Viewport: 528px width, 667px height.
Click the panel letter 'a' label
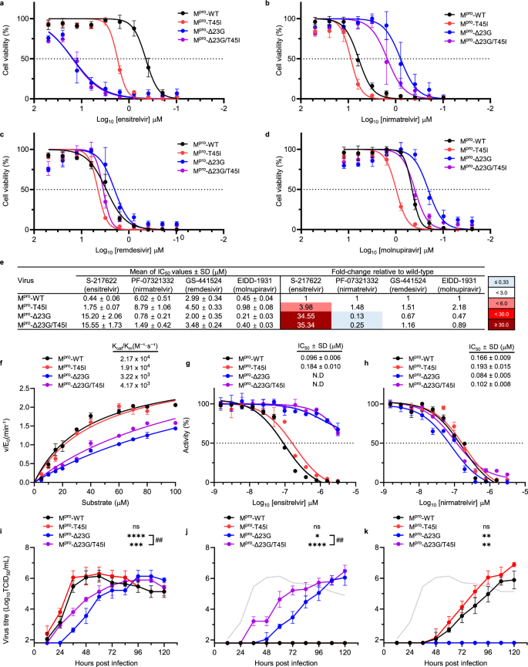pyautogui.click(x=5, y=5)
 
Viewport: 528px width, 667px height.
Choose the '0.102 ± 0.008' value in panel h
pyautogui.click(x=488, y=378)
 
